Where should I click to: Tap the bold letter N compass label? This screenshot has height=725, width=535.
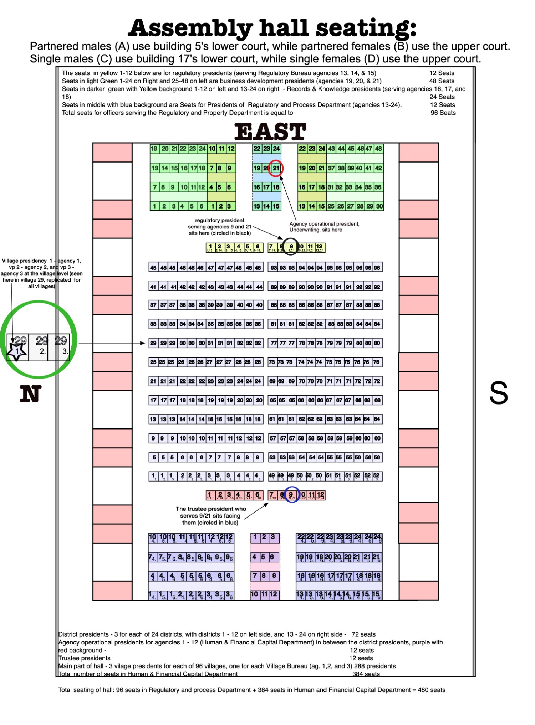[x=30, y=394]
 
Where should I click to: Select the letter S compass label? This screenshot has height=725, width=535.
[x=498, y=393]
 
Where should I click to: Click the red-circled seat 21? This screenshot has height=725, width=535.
[x=276, y=168]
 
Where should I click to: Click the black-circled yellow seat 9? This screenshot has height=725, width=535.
[x=291, y=247]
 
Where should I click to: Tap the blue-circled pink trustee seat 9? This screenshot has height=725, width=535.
[x=291, y=494]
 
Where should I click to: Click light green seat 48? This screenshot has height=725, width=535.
[x=378, y=149]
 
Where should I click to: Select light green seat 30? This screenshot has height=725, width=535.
[x=379, y=206]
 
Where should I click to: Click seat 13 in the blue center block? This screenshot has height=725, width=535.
[x=257, y=206]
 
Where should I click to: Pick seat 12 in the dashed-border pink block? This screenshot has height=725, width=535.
[x=274, y=594]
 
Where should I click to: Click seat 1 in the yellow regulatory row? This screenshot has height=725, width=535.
[x=210, y=247]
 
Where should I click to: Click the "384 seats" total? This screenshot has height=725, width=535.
[x=366, y=674]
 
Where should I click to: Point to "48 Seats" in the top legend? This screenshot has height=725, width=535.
[x=442, y=81]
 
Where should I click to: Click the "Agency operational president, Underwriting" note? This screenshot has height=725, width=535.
[x=324, y=227]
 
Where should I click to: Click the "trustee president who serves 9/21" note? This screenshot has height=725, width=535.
[x=210, y=515]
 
